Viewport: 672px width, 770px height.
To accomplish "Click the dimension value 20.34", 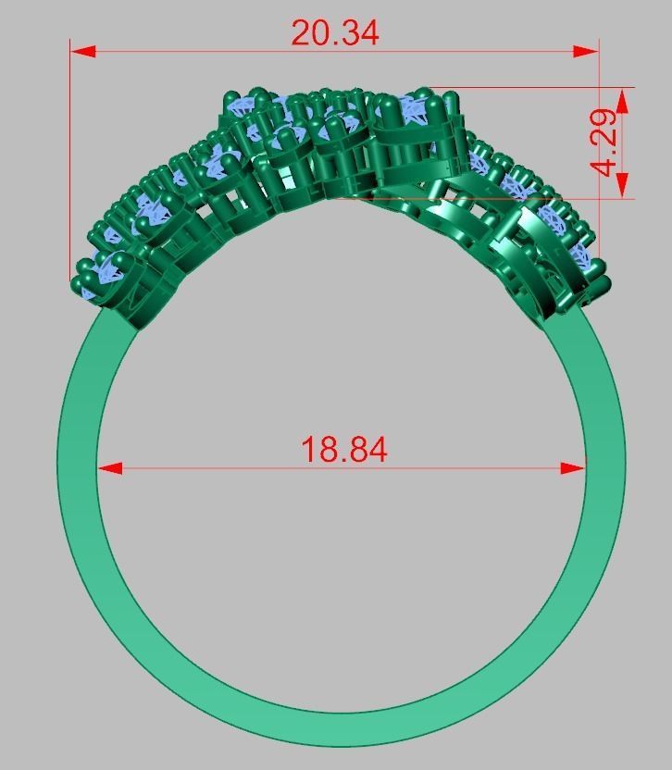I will (x=334, y=32).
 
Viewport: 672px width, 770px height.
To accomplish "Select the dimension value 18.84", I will (x=343, y=450).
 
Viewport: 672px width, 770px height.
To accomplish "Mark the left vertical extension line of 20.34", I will (x=71, y=167).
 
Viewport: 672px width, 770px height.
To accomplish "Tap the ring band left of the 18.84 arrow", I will (x=78, y=468).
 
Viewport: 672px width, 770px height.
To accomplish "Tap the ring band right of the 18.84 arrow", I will (x=605, y=468).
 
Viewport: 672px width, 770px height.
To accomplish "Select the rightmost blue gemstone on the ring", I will (x=582, y=255).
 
